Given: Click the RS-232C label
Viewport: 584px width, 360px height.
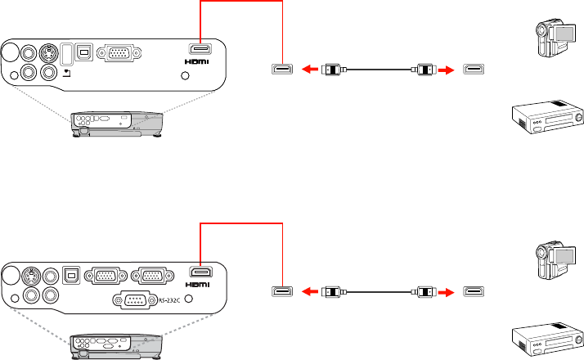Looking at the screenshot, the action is click(x=169, y=300).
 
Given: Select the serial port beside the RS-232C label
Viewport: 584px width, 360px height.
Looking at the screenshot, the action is click(x=135, y=300).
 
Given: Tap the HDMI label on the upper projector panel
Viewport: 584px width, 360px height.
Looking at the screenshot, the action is click(x=196, y=61).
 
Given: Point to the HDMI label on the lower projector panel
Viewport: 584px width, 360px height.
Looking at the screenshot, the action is click(x=197, y=285).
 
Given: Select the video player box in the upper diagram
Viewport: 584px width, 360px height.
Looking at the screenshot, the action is click(x=547, y=117).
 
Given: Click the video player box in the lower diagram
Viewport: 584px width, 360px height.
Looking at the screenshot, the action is click(x=547, y=340).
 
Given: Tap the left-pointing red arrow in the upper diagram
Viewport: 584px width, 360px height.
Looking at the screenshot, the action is click(x=309, y=70).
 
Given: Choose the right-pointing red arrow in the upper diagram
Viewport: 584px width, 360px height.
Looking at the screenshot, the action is click(x=446, y=70).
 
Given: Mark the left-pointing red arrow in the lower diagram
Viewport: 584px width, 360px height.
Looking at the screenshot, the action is click(x=309, y=292).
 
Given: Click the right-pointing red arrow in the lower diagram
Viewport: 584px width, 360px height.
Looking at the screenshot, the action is click(x=446, y=292).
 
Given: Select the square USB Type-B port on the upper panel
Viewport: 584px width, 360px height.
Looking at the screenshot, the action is click(x=84, y=52).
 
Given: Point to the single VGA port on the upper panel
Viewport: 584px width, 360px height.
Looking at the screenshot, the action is click(x=119, y=53).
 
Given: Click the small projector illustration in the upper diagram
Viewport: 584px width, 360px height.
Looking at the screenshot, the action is click(x=117, y=124).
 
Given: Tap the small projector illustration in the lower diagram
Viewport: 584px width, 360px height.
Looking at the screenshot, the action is click(x=116, y=347).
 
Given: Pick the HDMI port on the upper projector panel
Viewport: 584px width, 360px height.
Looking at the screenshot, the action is click(x=200, y=49).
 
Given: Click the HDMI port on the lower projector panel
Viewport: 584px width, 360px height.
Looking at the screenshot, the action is click(x=201, y=272).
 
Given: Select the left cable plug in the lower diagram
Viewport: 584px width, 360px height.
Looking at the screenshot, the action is click(x=334, y=292).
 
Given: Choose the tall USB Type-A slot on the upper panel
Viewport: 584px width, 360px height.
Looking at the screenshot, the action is click(x=66, y=54).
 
